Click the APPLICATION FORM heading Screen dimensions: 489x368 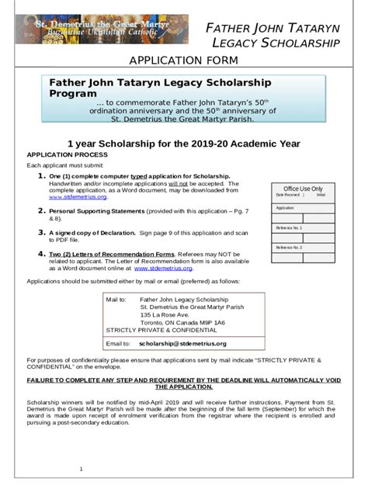183,61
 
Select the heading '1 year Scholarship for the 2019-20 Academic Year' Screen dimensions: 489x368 183,144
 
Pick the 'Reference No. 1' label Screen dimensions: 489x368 289,227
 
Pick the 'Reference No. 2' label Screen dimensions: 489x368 289,247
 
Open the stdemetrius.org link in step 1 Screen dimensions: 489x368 62,198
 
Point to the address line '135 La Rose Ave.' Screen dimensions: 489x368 165,315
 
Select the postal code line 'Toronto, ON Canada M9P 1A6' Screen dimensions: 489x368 182,323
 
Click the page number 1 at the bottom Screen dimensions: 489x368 81,469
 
